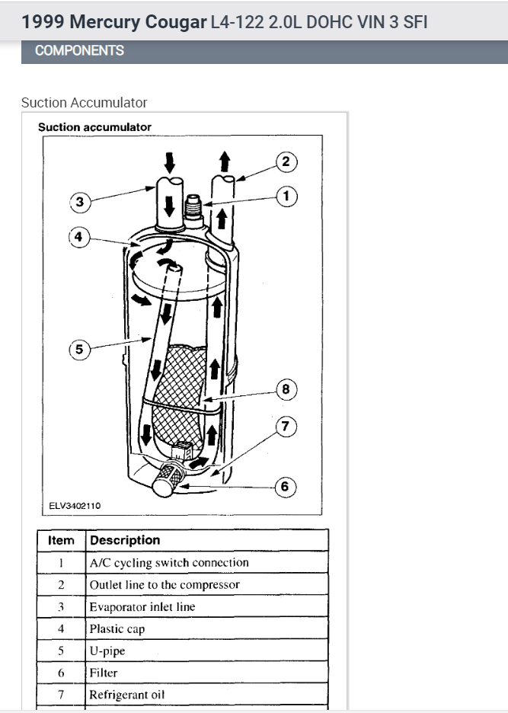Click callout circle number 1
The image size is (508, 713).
point(286,197)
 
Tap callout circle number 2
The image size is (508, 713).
point(286,161)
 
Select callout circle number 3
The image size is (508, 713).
point(80,203)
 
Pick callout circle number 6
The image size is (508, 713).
point(286,486)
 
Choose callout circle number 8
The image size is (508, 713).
point(286,389)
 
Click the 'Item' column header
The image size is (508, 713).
point(61,540)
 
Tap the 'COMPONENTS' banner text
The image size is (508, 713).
point(79,51)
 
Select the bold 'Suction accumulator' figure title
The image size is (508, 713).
point(94,127)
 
